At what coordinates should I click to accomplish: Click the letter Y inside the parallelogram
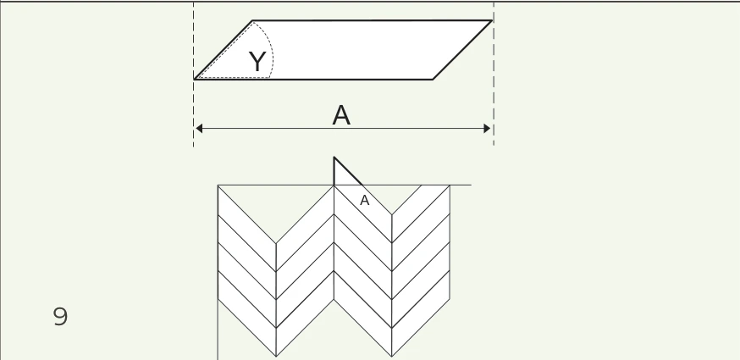[x=257, y=62]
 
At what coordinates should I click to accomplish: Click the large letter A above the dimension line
[x=341, y=115]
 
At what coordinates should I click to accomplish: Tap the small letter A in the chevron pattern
[x=364, y=200]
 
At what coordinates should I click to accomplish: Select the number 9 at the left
[x=60, y=317]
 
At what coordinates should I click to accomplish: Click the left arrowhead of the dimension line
[x=199, y=129]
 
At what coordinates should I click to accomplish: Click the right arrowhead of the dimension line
[x=487, y=129]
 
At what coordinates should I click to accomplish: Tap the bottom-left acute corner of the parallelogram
[x=195, y=79]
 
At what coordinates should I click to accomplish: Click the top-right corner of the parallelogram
[x=492, y=21]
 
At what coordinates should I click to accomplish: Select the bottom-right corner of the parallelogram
[x=433, y=80]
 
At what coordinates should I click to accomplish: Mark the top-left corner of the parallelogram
[x=253, y=21]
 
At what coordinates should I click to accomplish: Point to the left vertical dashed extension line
[x=194, y=75]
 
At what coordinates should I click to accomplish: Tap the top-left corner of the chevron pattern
[x=218, y=186]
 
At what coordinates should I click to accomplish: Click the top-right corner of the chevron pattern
[x=450, y=186]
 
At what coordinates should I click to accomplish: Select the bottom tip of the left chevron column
[x=276, y=357]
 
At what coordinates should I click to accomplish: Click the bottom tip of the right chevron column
[x=392, y=357]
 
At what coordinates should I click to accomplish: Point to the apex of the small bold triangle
[x=334, y=157]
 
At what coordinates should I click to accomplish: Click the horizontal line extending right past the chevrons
[x=461, y=186]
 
